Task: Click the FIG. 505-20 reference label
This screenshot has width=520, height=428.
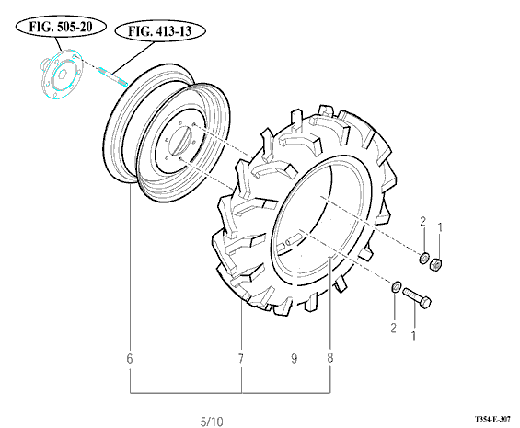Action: [61, 27]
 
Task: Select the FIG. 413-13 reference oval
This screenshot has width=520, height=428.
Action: [160, 31]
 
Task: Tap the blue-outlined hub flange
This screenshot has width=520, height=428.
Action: [62, 74]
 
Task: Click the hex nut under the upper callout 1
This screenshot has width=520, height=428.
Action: [435, 264]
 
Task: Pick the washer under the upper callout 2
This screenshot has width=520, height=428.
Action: [423, 259]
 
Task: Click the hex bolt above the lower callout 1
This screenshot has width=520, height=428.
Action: [417, 298]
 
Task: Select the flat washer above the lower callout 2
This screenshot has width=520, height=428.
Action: [397, 287]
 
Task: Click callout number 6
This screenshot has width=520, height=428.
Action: [130, 359]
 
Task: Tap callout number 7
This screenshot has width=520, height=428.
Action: [241, 359]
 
